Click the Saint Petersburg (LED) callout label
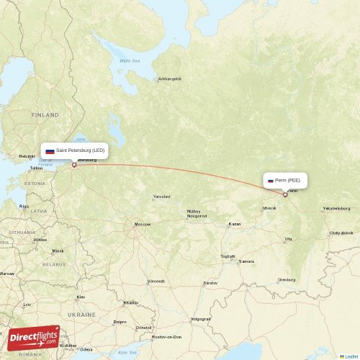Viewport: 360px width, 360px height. pyautogui.click(x=75, y=150)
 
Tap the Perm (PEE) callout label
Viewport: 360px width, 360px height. pyautogui.click(x=287, y=181)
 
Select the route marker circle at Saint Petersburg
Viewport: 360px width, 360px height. pyautogui.click(x=74, y=165)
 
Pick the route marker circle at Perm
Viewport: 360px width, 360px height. pyautogui.click(x=285, y=194)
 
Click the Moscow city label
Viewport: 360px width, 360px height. pyautogui.click(x=143, y=224)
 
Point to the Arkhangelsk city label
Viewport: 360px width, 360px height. pyautogui.click(x=170, y=78)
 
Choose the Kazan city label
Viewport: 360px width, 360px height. pyautogui.click(x=234, y=224)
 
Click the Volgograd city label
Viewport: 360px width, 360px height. pyautogui.click(x=200, y=318)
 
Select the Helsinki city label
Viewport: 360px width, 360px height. pyautogui.click(x=27, y=156)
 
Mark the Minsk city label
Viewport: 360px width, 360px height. pyautogui.click(x=57, y=251)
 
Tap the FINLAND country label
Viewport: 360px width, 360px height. pyautogui.click(x=45, y=114)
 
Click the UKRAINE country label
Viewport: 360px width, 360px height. pyautogui.click(x=82, y=315)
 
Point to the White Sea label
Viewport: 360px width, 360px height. pyautogui.click(x=130, y=61)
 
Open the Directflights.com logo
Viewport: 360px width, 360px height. pyautogui.click(x=33, y=338)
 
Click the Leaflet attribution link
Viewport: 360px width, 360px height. pyautogui.click(x=351, y=356)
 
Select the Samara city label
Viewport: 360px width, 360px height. pyautogui.click(x=246, y=261)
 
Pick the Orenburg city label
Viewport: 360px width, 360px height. pyautogui.click(x=287, y=279)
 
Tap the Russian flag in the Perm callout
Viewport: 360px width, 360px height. pyautogui.click(x=271, y=181)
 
